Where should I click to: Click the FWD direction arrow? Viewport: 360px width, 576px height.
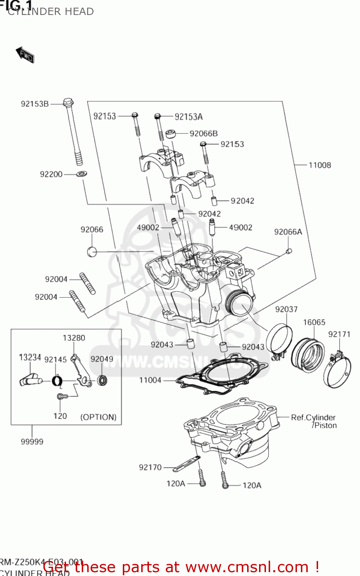[x=25, y=55]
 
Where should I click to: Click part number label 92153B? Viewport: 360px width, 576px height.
[x=35, y=104]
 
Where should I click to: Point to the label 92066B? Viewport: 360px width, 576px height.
[x=203, y=134]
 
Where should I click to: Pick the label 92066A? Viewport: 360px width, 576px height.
[x=288, y=232]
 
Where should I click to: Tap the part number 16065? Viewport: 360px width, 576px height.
[x=314, y=323]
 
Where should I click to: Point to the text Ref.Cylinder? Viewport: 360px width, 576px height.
[x=313, y=417]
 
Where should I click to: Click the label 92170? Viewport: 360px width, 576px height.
[x=150, y=467]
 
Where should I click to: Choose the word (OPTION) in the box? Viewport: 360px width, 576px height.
[x=98, y=417]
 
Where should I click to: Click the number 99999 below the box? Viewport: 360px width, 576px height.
[x=32, y=442]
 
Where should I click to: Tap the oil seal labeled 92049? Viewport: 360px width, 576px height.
[x=102, y=381]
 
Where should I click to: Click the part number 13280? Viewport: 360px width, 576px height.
[x=74, y=338]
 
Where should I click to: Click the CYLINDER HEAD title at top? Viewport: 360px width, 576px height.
[x=51, y=12]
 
